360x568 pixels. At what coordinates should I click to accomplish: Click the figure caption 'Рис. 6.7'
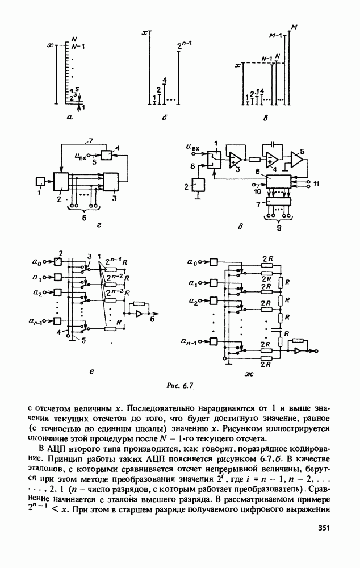(180, 386)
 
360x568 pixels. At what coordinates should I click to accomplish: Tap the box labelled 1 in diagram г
(40, 181)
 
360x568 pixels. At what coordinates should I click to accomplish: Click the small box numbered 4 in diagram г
(107, 154)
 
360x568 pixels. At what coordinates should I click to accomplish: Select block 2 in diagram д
(199, 186)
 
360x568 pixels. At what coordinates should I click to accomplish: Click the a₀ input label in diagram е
(36, 262)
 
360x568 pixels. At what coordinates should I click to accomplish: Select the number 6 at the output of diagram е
(151, 320)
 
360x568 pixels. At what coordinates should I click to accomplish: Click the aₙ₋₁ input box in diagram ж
(214, 341)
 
